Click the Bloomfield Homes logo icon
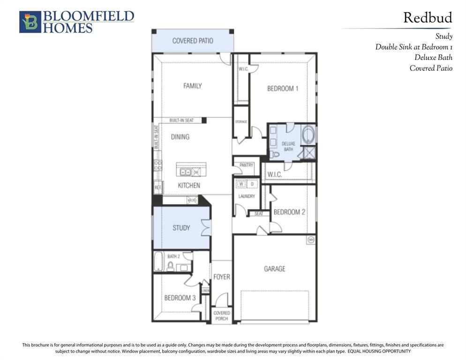tap(30, 22)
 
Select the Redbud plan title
tap(428, 18)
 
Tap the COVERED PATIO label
tap(192, 41)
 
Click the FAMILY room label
tap(192, 86)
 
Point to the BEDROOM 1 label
tap(283, 88)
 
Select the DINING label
tap(180, 137)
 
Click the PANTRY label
tap(246, 165)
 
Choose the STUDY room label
tap(181, 228)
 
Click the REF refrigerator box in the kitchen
tap(158, 187)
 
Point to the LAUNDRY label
tap(246, 196)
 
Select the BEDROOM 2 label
tap(289, 212)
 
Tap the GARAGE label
tap(274, 269)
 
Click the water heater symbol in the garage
tap(310, 240)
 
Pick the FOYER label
tap(222, 277)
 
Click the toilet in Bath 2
tap(170, 266)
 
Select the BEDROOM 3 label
tap(180, 298)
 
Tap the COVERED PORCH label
tap(221, 315)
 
